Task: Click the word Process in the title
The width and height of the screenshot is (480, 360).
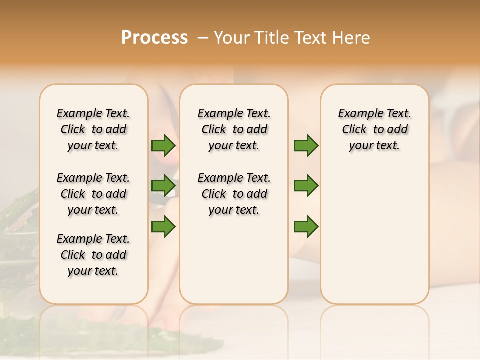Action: pyautogui.click(x=154, y=38)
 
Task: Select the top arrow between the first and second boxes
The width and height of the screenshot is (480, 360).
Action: pyautogui.click(x=163, y=145)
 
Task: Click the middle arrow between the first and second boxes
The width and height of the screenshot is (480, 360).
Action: pyautogui.click(x=163, y=186)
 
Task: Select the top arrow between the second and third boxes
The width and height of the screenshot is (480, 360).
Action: pyautogui.click(x=306, y=145)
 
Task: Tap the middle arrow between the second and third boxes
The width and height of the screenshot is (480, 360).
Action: pyautogui.click(x=306, y=186)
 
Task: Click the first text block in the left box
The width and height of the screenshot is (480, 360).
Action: pyautogui.click(x=93, y=129)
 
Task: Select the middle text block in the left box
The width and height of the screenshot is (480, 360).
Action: pyautogui.click(x=93, y=194)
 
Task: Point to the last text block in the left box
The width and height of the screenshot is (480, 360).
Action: pyautogui.click(x=93, y=255)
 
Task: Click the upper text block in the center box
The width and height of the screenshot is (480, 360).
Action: pyautogui.click(x=234, y=129)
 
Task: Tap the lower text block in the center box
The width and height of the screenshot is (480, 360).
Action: pyautogui.click(x=234, y=194)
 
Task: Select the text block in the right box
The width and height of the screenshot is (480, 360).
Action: pyautogui.click(x=375, y=129)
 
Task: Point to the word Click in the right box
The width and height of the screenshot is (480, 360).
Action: pyautogui.click(x=354, y=129)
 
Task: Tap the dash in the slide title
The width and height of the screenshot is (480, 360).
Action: pyautogui.click(x=203, y=38)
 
